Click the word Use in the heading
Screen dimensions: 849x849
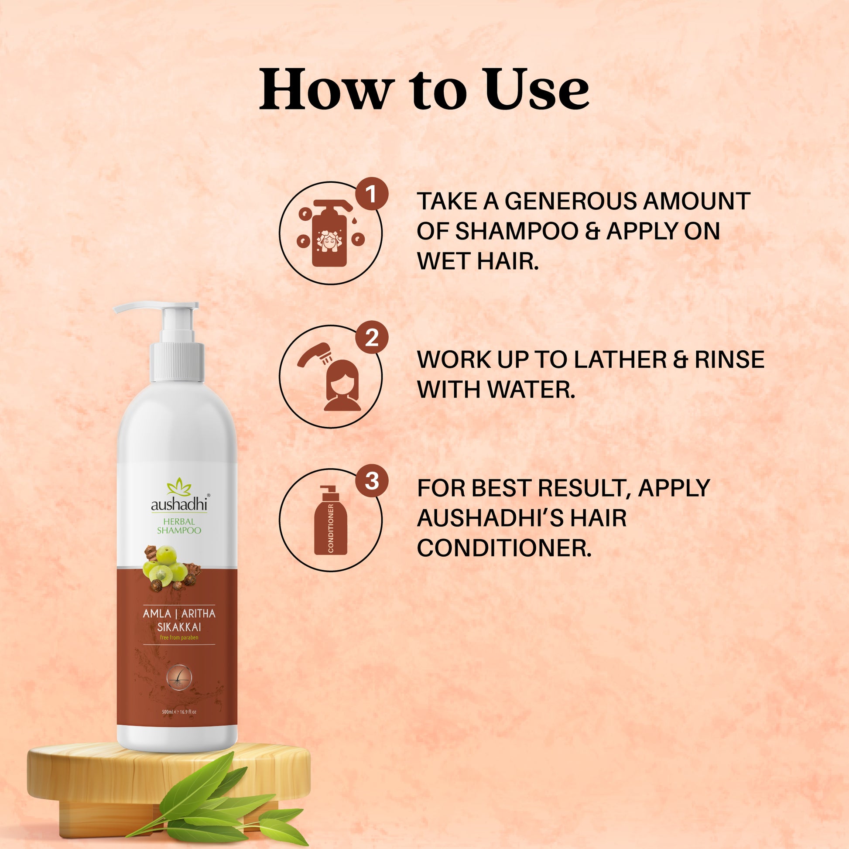click(537, 89)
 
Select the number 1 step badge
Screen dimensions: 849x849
click(371, 194)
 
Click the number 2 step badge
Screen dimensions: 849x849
click(371, 338)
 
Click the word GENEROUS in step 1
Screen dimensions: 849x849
click(570, 201)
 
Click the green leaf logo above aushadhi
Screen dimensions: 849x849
click(179, 487)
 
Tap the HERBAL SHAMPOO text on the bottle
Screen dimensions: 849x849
click(179, 526)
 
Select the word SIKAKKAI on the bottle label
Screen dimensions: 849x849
click(179, 627)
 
